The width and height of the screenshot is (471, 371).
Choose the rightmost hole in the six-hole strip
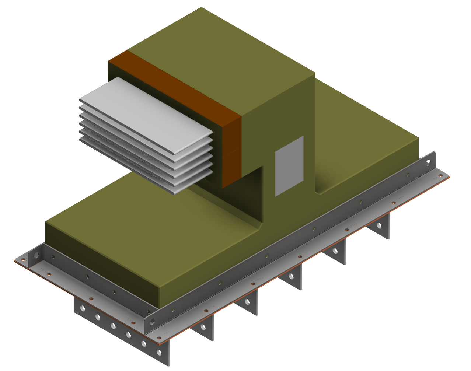pos(159,353)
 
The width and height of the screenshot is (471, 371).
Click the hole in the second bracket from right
pos(335,251)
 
